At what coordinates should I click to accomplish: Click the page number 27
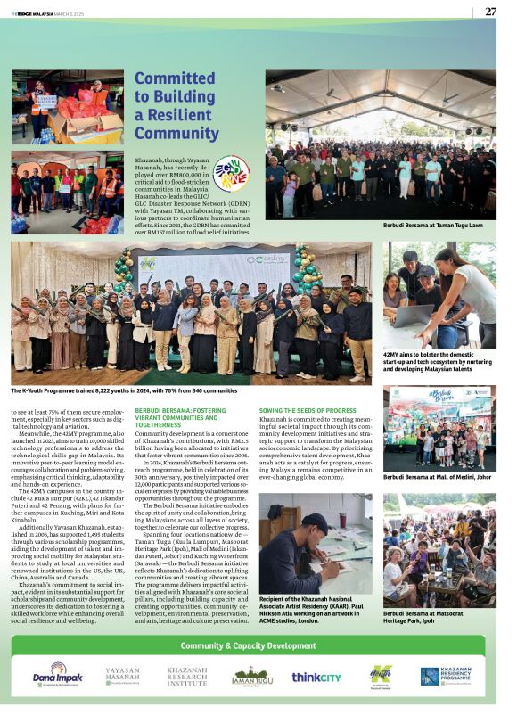[x=490, y=12]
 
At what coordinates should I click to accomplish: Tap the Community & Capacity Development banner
[x=258, y=645]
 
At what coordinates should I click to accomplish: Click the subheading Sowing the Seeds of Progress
[x=308, y=410]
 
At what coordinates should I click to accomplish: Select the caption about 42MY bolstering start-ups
[x=439, y=360]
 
